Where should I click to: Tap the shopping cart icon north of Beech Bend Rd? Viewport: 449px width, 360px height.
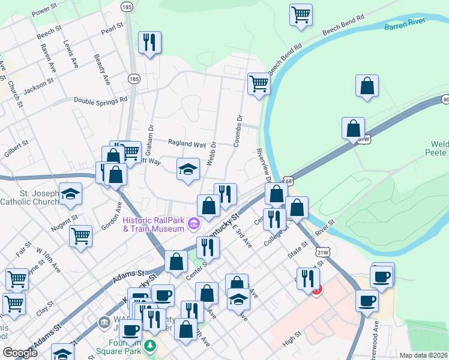(301, 14)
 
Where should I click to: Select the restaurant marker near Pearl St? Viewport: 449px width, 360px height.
(148, 43)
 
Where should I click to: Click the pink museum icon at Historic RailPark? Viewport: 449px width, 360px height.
(193, 224)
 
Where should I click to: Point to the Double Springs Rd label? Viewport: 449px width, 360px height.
(101, 100)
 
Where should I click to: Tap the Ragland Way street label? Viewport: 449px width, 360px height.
(187, 144)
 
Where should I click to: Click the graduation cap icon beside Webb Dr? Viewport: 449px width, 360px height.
(188, 169)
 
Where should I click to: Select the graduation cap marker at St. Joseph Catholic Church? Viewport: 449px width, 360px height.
(71, 193)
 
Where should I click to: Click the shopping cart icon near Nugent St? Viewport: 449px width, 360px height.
(80, 235)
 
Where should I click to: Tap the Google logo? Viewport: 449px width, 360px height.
(19, 353)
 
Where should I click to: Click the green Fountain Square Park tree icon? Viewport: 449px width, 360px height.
(152, 346)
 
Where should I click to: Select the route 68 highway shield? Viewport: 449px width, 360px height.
(289, 179)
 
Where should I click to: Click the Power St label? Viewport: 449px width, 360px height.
(44, 12)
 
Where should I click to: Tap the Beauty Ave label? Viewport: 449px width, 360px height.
(101, 69)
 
